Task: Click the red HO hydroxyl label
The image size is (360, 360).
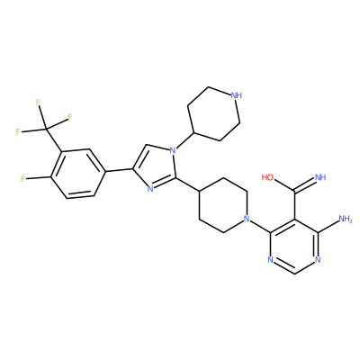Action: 267,177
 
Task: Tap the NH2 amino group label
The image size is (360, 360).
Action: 345,219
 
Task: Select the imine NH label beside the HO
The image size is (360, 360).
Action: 319,177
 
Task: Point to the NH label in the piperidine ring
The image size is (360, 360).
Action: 236,95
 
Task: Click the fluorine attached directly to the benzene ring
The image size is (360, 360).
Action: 22,179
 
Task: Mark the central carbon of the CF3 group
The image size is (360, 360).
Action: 46,129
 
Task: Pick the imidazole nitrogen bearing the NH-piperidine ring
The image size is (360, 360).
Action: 172,150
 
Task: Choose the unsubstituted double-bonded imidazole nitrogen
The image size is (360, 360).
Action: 150,188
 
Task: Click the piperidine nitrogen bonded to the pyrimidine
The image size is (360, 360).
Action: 247,219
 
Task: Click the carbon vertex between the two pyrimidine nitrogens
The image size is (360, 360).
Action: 294,274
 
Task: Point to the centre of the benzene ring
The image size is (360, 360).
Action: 78,174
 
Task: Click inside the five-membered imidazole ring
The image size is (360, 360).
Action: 157,169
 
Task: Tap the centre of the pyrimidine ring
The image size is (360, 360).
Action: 294,246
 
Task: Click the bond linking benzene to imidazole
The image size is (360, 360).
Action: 120,170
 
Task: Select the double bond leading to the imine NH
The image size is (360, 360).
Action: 304,184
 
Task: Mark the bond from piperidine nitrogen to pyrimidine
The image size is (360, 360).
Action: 260,227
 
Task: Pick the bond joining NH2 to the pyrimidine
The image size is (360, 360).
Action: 328,227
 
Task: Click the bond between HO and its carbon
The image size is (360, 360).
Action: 284,185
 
